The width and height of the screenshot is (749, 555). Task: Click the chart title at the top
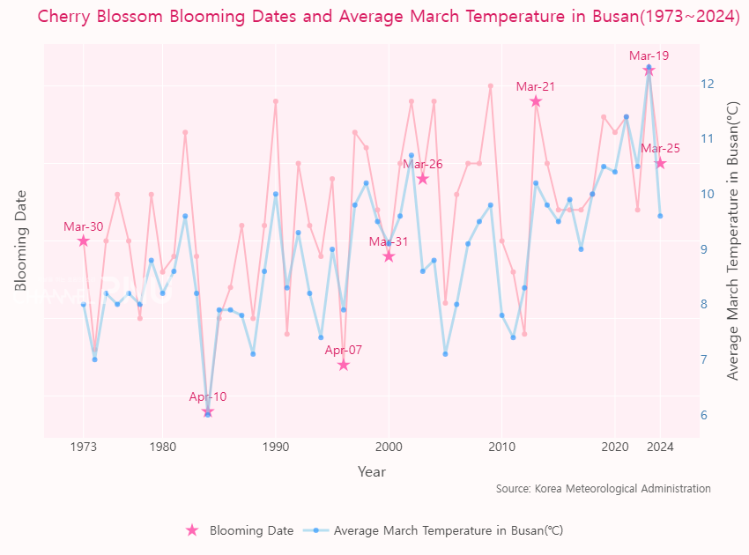click(x=389, y=17)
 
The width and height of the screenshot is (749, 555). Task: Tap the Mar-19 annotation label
click(x=649, y=55)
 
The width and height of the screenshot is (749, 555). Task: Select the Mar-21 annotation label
click(x=536, y=86)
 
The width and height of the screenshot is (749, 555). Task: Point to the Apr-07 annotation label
click(x=344, y=350)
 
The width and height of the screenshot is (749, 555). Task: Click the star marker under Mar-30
click(x=84, y=240)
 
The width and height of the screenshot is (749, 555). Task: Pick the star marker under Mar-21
click(x=536, y=101)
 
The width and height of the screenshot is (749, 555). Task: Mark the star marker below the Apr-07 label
click(x=344, y=365)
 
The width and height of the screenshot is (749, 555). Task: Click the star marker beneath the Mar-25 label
click(x=660, y=163)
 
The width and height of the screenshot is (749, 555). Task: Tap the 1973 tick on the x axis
click(x=84, y=447)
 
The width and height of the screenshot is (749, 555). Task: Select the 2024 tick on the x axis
click(x=660, y=447)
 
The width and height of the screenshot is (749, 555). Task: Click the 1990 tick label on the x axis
click(x=276, y=447)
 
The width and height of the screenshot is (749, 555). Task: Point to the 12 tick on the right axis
click(x=708, y=84)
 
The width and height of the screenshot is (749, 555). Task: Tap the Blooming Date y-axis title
click(x=21, y=240)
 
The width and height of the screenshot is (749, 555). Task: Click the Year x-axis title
click(x=372, y=472)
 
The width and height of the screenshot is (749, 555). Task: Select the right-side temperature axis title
click(x=733, y=240)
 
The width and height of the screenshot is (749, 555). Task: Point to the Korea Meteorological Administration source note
click(x=603, y=488)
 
